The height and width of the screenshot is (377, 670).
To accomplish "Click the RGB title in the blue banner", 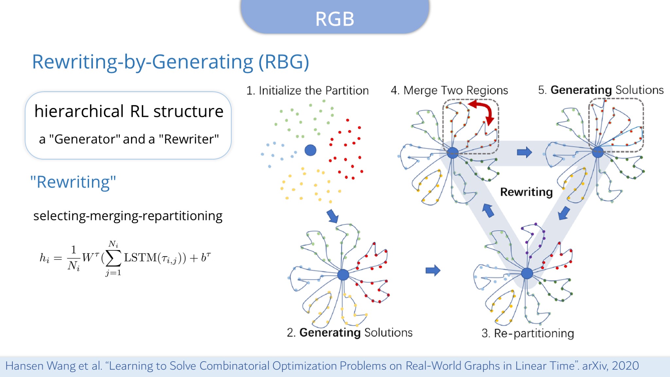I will [x=335, y=19].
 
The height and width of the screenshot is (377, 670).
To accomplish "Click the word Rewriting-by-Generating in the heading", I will [x=143, y=62].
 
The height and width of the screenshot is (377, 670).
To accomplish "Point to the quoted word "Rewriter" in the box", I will [x=189, y=139].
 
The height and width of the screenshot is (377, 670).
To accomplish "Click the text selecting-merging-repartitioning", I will [x=128, y=216].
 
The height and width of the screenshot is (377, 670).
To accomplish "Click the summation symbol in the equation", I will [x=113, y=259].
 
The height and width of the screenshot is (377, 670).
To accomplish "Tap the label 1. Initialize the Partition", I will [x=307, y=91].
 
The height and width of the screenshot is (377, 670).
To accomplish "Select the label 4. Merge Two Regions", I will [x=449, y=90].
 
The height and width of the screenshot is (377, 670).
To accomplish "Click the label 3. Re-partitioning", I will [x=528, y=333].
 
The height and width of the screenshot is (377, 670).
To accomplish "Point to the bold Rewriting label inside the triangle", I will [x=526, y=192].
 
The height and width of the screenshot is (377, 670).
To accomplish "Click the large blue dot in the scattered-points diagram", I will [x=310, y=150].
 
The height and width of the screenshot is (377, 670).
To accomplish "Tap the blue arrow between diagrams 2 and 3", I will [x=433, y=270].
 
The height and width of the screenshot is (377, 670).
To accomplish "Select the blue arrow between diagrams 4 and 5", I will [x=524, y=152].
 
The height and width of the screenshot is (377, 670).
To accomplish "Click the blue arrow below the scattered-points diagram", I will [x=333, y=216].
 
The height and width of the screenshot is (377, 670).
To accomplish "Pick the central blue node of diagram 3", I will [x=527, y=273].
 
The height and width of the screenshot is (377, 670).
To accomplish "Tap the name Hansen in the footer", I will [x=25, y=366].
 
